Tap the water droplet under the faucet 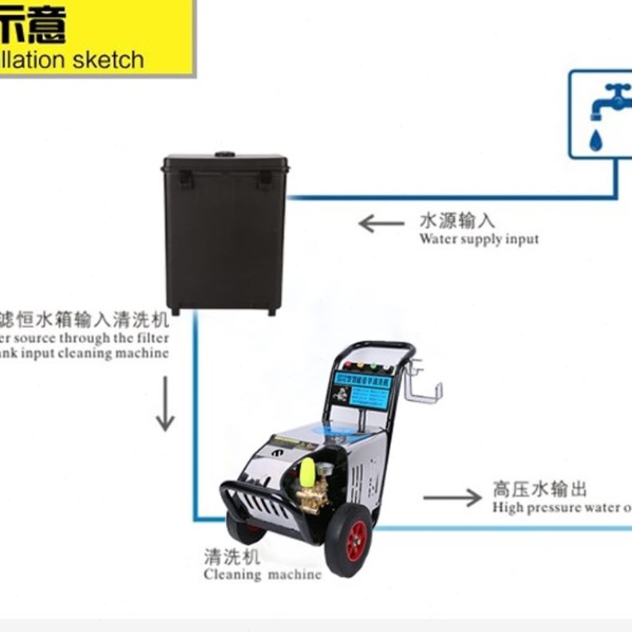point(595,140)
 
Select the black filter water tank point(225,232)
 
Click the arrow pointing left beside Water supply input point(381,223)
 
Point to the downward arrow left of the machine point(164,403)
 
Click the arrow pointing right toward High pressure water point(452,498)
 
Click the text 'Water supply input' point(479,239)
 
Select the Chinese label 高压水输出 point(539,488)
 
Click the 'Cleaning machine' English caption point(263,574)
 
